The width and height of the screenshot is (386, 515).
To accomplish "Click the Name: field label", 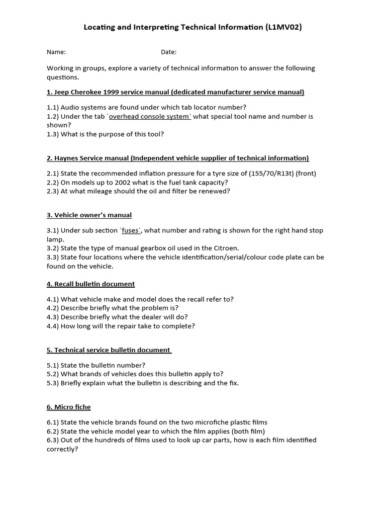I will click(56, 52).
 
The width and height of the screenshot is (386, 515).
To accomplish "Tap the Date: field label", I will click(168, 52).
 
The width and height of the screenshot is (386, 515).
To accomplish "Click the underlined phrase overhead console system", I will click(150, 116).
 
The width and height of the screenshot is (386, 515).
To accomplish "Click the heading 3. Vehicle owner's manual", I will click(89, 215).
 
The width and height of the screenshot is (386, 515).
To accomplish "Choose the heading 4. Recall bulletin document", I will click(90, 284).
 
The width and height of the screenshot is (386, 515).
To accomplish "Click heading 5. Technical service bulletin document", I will click(109, 350).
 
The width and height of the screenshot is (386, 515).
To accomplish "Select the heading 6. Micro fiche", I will click(69, 407).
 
